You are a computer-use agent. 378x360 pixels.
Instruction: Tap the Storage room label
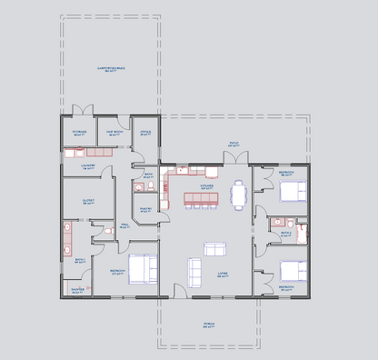coord(80,132)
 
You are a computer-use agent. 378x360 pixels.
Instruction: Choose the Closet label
coord(88,202)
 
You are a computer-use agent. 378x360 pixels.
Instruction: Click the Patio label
coord(234,143)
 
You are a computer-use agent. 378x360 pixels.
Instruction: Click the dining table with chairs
coord(239,195)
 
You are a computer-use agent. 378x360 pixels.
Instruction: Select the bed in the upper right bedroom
coord(293,191)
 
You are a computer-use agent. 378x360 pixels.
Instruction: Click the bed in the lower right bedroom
coord(293,270)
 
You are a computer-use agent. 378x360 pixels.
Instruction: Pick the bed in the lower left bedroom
coord(143,269)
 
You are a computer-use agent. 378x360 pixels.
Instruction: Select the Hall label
coord(124,225)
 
